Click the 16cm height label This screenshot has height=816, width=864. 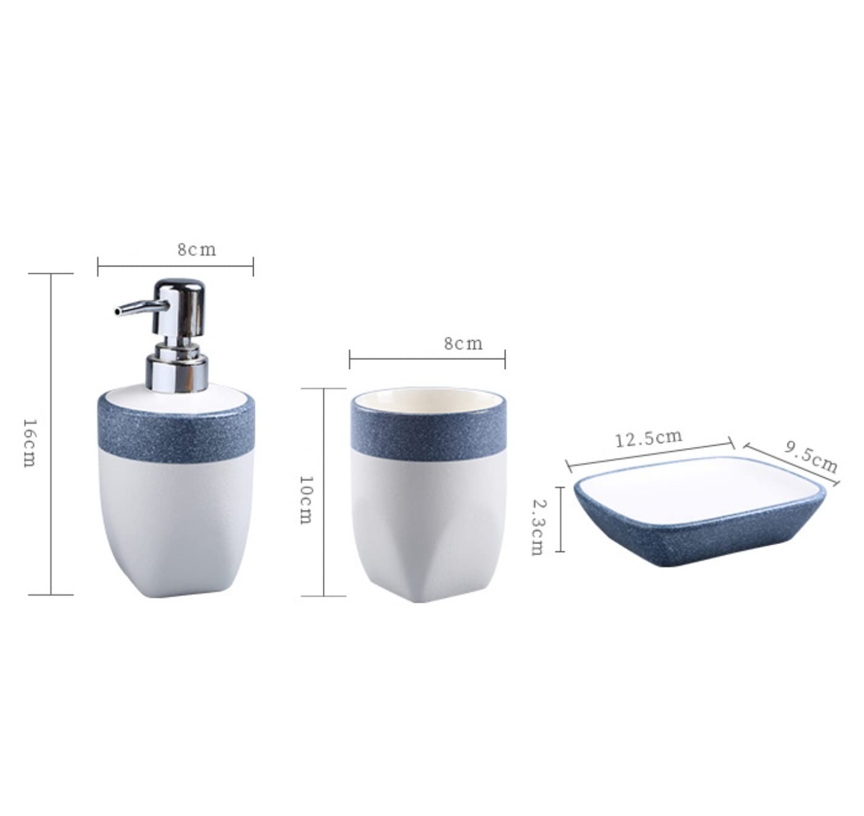point(29,443)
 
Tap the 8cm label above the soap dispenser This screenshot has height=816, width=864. point(197,250)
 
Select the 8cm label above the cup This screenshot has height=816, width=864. point(464,344)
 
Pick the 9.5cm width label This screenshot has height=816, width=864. point(811,457)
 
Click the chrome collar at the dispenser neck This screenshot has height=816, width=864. point(177,367)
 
